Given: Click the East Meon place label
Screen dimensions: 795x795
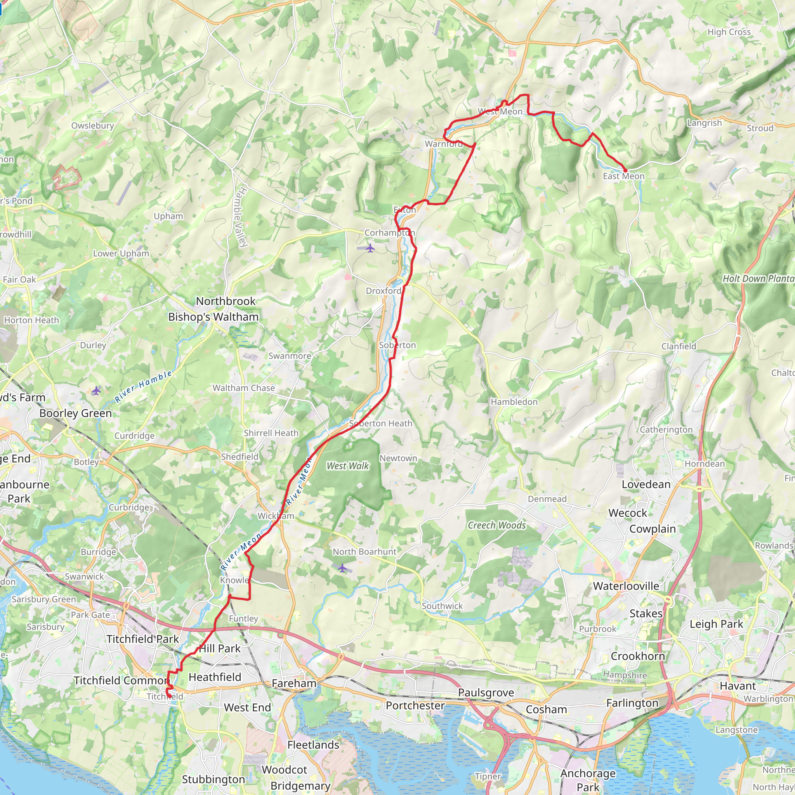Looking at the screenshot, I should click(x=623, y=176).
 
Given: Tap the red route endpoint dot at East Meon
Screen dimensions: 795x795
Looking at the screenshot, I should click(x=625, y=170).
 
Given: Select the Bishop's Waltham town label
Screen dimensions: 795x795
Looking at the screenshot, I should click(x=213, y=317).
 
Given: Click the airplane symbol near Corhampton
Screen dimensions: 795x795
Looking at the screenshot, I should click(x=370, y=248).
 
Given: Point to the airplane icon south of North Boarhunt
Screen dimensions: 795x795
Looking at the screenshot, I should click(x=342, y=568).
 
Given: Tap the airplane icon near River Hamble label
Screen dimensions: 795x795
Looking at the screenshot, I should click(x=96, y=391).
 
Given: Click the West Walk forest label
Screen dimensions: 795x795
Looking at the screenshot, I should click(x=348, y=466).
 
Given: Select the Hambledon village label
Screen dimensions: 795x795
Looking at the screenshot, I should click(x=514, y=402).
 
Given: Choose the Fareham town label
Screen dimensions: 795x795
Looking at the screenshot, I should click(x=294, y=683).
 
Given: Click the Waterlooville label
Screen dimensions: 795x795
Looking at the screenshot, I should click(x=626, y=586).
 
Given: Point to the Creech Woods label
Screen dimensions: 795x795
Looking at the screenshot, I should click(x=496, y=525).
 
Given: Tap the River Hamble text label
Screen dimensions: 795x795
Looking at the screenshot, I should click(x=143, y=386).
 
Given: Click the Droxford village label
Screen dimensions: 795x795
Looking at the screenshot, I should click(x=383, y=291).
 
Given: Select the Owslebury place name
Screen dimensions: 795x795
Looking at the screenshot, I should click(x=93, y=125).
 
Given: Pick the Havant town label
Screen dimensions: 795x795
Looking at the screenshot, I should click(x=738, y=686).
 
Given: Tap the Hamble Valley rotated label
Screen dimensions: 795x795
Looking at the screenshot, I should click(x=243, y=217).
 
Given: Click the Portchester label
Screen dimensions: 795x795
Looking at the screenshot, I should click(x=415, y=705).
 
